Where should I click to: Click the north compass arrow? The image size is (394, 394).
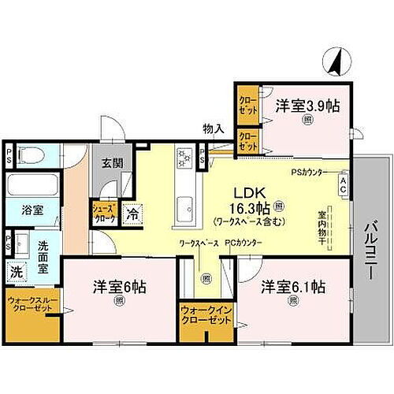[x=336, y=61]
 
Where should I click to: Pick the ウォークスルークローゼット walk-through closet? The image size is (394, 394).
[x=32, y=307]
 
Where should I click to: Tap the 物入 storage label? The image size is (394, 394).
[x=213, y=128]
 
